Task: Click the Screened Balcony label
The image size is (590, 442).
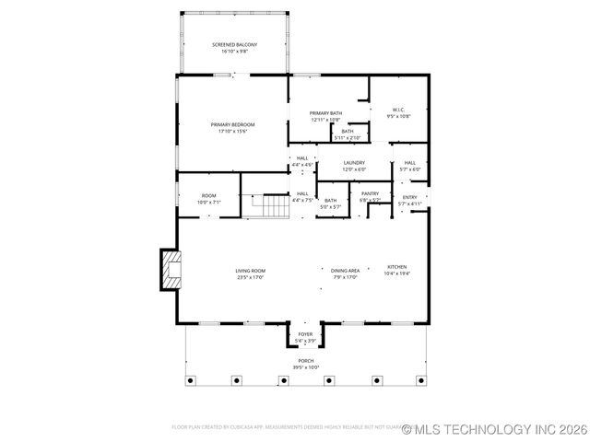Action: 234,44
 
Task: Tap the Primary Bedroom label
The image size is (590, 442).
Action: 232,124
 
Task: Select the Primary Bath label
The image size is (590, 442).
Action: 325,113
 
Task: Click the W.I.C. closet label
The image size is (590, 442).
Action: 398,110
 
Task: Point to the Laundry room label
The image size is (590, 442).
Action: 354,163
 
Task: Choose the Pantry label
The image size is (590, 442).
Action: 370,193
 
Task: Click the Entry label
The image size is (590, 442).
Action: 409,197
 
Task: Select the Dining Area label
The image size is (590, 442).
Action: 346,270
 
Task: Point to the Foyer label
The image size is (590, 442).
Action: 304,334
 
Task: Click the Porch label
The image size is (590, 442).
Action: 305,361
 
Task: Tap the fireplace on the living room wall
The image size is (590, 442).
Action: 171,269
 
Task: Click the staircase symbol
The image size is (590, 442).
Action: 275,206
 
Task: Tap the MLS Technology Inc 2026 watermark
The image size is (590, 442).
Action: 494,429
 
